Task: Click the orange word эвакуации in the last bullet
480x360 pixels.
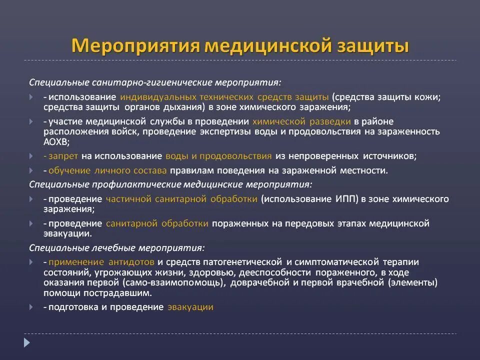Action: point(190,307)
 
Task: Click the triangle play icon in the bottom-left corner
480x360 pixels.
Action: point(27,342)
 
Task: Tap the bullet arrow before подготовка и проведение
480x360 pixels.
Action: point(31,307)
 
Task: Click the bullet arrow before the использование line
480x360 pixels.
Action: point(31,96)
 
